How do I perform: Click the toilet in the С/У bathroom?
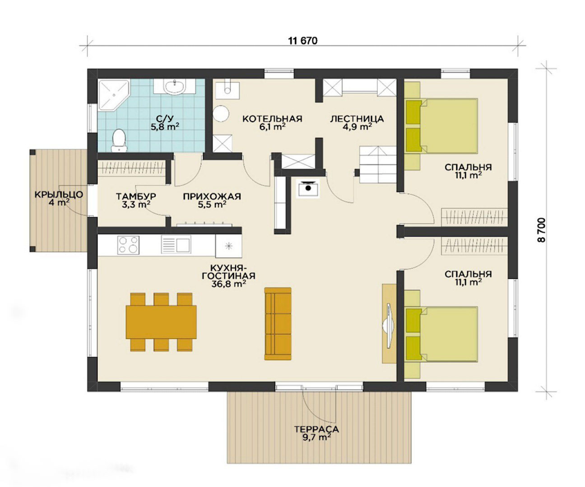click(119, 141)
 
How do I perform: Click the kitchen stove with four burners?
click(128, 245)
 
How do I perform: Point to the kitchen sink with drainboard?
click(176, 244)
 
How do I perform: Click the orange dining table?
click(161, 322)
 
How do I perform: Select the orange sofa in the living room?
click(278, 324)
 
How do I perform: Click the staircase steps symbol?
click(378, 165)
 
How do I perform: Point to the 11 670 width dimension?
click(303, 41)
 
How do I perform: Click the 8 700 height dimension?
click(542, 230)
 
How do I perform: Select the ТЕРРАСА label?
click(316, 429)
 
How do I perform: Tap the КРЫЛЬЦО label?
click(59, 194)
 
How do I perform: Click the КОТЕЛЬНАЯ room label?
click(272, 119)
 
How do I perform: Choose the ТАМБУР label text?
click(136, 196)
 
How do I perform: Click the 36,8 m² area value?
click(228, 284)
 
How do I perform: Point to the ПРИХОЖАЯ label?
click(212, 196)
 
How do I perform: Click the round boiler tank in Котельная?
click(221, 113)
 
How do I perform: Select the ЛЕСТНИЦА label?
click(357, 119)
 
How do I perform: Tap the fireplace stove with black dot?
click(308, 188)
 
